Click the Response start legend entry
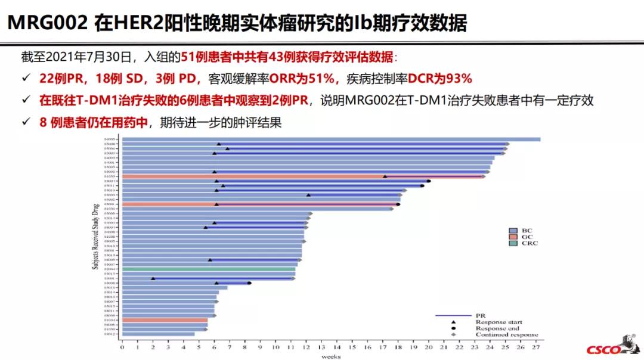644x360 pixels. pos(489,322)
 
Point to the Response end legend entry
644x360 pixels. pos(489,328)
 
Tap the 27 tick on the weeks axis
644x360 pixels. pos(536,347)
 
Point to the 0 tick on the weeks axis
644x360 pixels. pos(122,347)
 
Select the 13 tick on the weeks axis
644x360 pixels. pos(321,347)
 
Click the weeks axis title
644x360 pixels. pos(331,356)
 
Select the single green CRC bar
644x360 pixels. pos(209,269)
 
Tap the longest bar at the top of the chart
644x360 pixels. pos(331,139)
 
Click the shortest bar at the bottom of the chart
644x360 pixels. pos(158,334)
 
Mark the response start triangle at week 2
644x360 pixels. pos(153,278)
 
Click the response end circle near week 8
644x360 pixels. pos(249,283)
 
